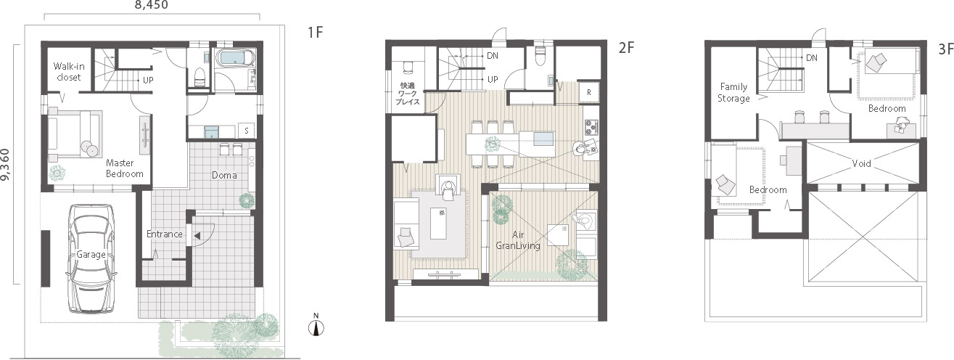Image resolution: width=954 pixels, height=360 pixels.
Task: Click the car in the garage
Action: pyautogui.click(x=91, y=258)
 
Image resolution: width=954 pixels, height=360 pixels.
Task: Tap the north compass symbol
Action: pyautogui.click(x=316, y=326)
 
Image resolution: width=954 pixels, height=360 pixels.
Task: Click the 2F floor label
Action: pyautogui.click(x=626, y=48)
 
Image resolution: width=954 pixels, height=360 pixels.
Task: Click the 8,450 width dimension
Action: pyautogui.click(x=151, y=6)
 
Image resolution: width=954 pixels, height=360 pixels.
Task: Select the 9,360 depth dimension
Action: pyautogui.click(x=7, y=163)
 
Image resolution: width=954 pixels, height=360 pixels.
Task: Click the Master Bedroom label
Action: pyautogui.click(x=124, y=168)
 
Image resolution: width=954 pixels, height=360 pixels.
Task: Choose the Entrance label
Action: pyautogui.click(x=164, y=234)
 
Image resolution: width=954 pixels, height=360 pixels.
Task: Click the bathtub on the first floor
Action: pyautogui.click(x=234, y=59)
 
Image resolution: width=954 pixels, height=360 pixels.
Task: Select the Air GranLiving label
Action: pyautogui.click(x=518, y=240)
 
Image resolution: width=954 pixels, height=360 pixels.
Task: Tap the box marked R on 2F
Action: pyautogui.click(x=589, y=92)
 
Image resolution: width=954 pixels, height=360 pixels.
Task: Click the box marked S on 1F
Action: pyautogui.click(x=247, y=131)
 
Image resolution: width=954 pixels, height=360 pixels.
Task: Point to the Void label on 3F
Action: pyautogui.click(x=862, y=163)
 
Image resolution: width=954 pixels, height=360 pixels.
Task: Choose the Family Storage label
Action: pyautogui.click(x=733, y=93)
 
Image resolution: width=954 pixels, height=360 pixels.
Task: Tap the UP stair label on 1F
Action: pyautogui.click(x=148, y=80)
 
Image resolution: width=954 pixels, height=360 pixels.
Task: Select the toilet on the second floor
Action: pyautogui.click(x=539, y=57)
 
